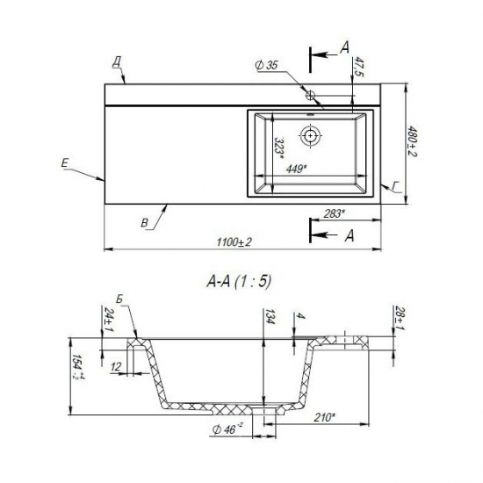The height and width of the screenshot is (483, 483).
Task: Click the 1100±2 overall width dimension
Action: pyautogui.click(x=234, y=242)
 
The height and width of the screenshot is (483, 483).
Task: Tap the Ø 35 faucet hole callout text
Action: pyautogui.click(x=267, y=65)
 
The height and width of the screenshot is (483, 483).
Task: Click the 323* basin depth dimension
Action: pyautogui.click(x=279, y=148)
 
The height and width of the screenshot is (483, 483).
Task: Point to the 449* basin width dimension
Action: pyautogui.click(x=297, y=169)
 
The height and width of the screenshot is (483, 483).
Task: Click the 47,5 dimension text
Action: pyautogui.click(x=358, y=67)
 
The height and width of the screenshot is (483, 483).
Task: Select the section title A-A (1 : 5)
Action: pyautogui.click(x=239, y=281)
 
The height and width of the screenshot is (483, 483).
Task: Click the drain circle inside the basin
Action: pyautogui.click(x=311, y=135)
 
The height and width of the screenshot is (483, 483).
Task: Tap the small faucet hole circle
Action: pyautogui.click(x=310, y=95)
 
